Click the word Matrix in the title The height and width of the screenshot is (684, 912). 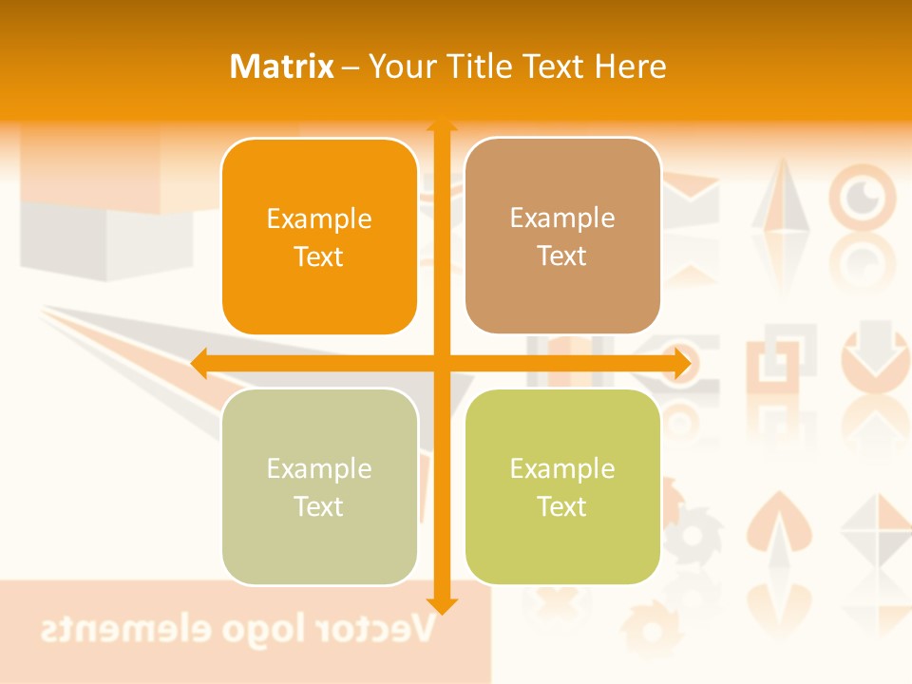click(282, 66)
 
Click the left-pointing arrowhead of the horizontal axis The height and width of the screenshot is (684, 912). click(199, 363)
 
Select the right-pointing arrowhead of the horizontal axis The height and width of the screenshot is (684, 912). click(681, 363)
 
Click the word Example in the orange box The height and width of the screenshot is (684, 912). click(319, 219)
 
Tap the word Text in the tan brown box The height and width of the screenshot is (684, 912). click(562, 256)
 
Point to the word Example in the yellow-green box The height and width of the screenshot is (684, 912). click(562, 468)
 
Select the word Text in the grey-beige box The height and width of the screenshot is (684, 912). click(319, 506)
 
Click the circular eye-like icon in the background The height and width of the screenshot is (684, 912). click(863, 196)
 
